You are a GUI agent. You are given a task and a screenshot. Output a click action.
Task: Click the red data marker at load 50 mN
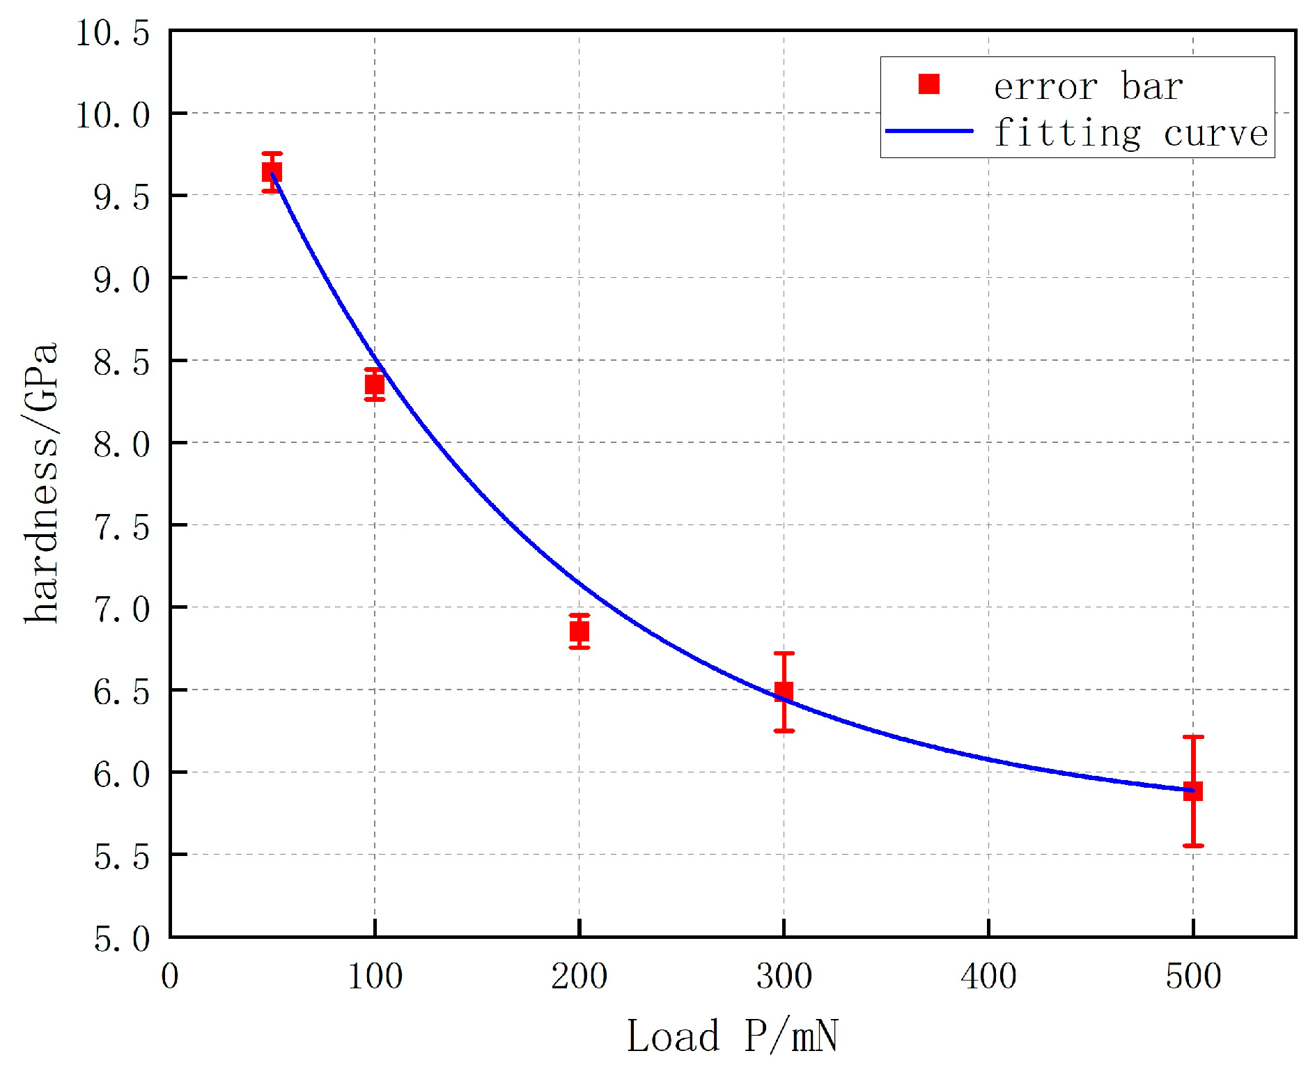click(x=272, y=171)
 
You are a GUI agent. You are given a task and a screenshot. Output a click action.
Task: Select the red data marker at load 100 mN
click(x=375, y=384)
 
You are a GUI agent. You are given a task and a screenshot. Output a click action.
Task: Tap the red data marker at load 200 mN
click(x=579, y=631)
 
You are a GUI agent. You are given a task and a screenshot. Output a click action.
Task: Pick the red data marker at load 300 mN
click(x=784, y=692)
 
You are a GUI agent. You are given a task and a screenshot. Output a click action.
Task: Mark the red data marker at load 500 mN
click(x=1193, y=791)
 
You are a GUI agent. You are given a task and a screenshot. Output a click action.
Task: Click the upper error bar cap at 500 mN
click(x=1193, y=737)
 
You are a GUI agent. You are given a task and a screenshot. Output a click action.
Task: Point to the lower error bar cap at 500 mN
click(x=1193, y=846)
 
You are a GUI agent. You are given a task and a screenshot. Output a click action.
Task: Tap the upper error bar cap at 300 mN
click(x=784, y=653)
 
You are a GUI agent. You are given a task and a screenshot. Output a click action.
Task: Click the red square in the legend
click(x=929, y=84)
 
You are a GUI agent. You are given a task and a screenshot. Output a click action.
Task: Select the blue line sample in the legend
click(x=929, y=131)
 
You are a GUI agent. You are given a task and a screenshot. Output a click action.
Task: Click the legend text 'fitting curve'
click(x=1130, y=132)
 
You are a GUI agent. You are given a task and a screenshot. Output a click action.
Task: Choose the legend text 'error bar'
click(x=1088, y=86)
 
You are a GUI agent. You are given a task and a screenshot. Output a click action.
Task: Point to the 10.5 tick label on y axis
click(x=112, y=33)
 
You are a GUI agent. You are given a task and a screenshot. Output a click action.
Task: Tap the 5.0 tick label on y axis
click(x=121, y=939)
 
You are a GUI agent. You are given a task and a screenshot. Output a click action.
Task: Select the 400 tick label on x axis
click(x=988, y=976)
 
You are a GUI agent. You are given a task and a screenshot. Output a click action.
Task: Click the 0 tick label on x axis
click(x=170, y=976)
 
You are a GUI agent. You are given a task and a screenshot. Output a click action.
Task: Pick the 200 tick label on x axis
click(x=579, y=976)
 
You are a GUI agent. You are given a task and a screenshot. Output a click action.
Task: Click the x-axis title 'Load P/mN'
click(x=732, y=1036)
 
